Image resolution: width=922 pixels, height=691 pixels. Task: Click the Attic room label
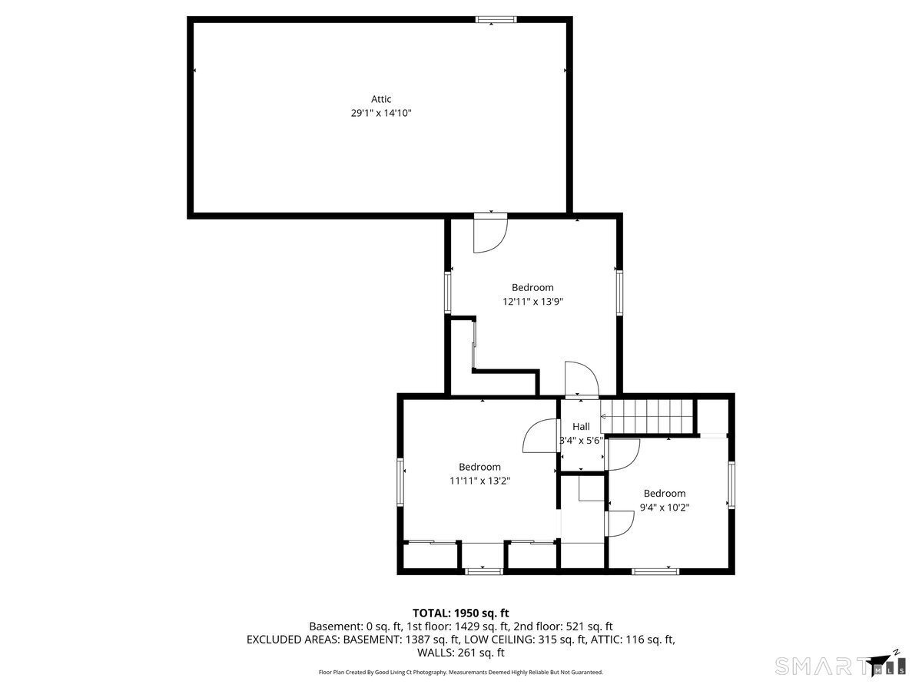tap(380, 99)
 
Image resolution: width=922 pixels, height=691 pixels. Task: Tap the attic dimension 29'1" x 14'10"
tap(380, 113)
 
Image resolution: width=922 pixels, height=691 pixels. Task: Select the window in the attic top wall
tap(496, 19)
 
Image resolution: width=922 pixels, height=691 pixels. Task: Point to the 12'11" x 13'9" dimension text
tap(532, 301)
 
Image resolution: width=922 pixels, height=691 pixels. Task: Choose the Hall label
tap(581, 427)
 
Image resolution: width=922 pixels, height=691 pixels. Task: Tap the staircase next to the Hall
tap(646, 416)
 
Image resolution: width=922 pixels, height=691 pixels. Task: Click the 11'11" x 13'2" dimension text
tap(479, 481)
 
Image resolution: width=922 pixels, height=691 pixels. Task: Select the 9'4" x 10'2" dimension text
tap(664, 508)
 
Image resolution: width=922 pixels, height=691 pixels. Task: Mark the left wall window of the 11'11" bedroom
tap(400, 482)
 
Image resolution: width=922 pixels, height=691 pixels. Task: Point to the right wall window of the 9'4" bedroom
tap(731, 485)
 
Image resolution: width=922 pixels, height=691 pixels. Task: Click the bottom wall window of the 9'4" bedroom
tap(655, 571)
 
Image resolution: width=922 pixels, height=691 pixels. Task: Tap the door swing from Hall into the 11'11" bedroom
tap(540, 435)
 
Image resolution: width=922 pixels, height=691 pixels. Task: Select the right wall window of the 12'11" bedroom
tap(619, 293)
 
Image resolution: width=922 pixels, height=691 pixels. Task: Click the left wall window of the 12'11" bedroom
tap(448, 293)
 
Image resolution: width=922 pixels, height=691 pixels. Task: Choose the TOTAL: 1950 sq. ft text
tap(460, 613)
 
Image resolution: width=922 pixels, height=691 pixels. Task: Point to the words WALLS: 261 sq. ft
tap(460, 653)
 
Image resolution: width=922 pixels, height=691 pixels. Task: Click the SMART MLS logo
tap(840, 665)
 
